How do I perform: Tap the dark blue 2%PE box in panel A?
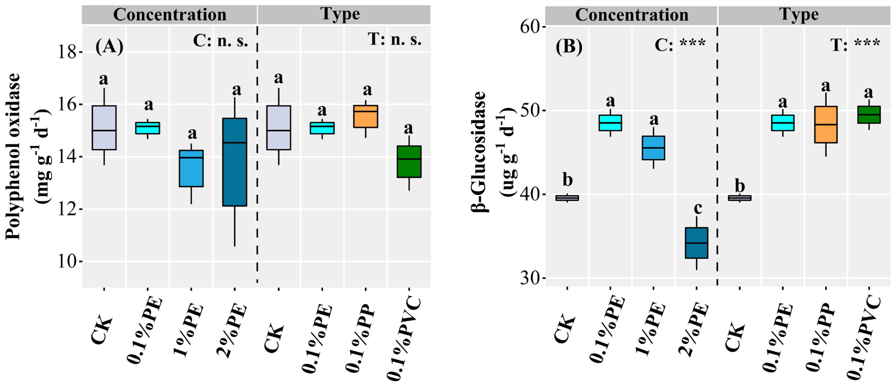pos(235,162)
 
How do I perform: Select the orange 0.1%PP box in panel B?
pos(825,125)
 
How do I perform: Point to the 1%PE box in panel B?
pos(653,148)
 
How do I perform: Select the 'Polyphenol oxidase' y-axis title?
pos(13,157)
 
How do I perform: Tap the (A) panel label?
pos(109,46)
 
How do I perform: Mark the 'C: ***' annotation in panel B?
pos(680,44)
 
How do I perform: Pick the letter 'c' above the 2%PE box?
pos(697,208)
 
